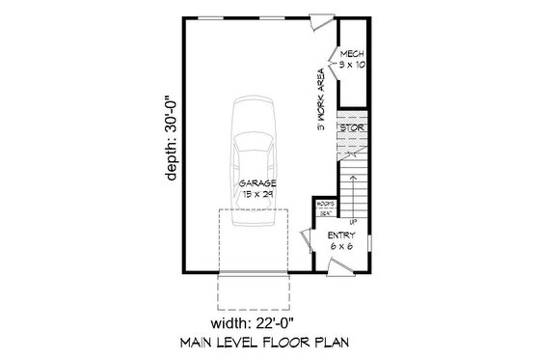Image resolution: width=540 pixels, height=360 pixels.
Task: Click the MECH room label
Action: pos(349,55)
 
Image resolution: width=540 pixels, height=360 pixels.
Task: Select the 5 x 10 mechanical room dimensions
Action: pos(349,66)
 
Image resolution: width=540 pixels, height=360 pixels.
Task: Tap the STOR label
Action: pos(349,125)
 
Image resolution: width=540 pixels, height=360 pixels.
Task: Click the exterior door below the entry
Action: pos(342,274)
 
